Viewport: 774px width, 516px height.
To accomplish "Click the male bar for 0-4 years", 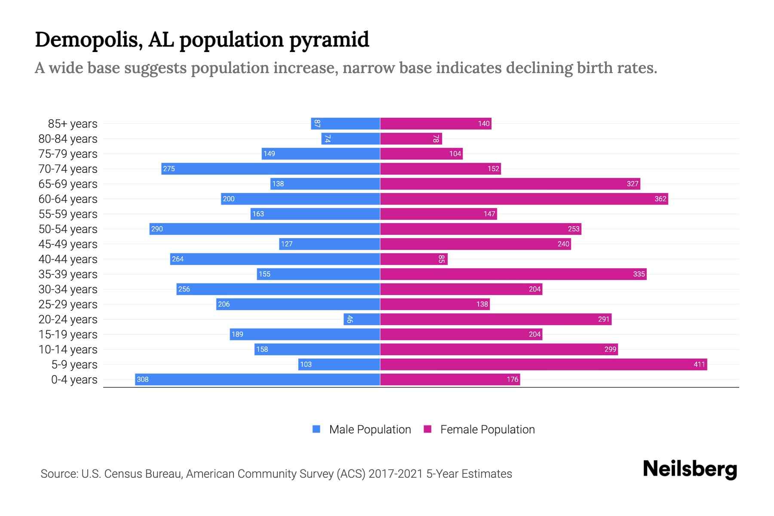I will click(x=257, y=379).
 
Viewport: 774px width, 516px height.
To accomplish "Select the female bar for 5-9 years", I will click(x=543, y=364).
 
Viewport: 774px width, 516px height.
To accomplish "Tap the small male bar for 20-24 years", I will click(x=362, y=319).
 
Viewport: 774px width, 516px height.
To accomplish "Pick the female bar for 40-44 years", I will click(x=414, y=259).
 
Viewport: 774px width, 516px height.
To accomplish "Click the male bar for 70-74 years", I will click(x=270, y=169).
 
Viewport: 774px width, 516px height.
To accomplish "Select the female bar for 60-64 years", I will click(x=524, y=199).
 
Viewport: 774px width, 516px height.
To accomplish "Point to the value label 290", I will click(x=157, y=229).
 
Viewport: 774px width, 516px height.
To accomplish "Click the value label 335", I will click(x=639, y=274).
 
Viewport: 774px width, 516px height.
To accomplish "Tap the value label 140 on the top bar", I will click(x=483, y=123).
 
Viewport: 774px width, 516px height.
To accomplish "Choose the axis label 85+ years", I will click(x=73, y=124).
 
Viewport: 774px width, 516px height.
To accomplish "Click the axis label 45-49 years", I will click(x=68, y=244).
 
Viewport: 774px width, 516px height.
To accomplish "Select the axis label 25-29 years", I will click(x=68, y=304).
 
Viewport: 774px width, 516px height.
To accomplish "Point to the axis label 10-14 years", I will click(x=68, y=350).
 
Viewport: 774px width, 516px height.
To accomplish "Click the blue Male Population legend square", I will click(x=316, y=429).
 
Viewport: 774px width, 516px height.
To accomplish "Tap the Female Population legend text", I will click(x=487, y=429).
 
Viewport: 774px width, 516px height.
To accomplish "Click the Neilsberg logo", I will click(x=690, y=469).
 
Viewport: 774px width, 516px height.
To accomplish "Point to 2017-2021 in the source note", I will click(x=396, y=474).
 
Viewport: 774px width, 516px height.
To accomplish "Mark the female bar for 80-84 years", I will click(x=411, y=138).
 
